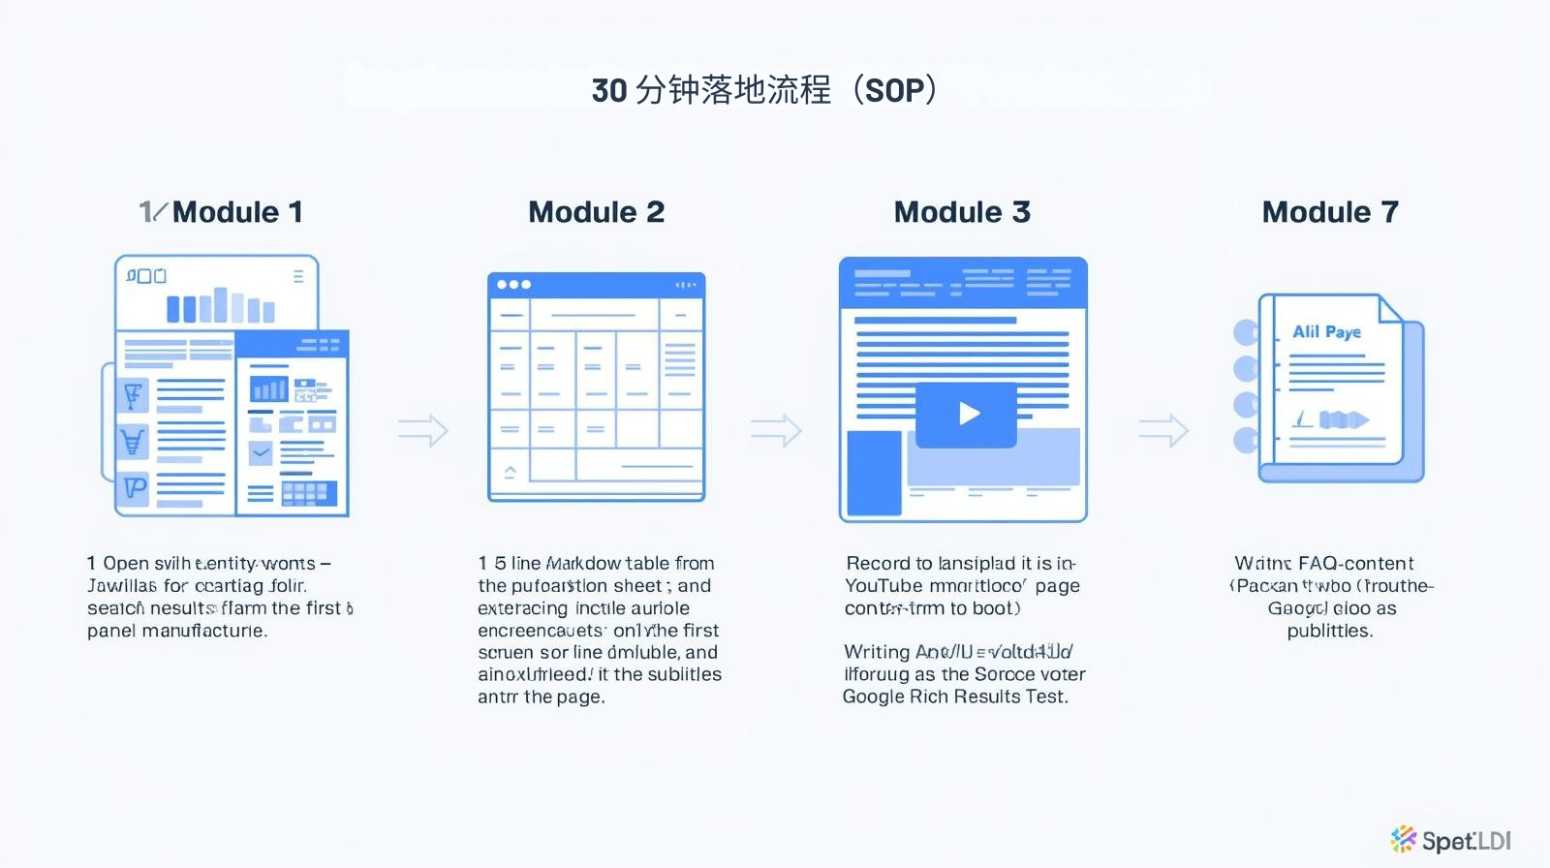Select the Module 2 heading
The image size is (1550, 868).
click(596, 212)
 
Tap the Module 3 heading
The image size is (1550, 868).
click(961, 212)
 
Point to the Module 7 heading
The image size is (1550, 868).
click(1329, 212)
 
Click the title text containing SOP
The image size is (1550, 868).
click(764, 90)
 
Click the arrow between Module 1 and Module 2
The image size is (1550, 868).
click(422, 430)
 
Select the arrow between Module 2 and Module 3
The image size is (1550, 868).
click(776, 430)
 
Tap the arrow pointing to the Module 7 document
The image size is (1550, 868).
click(1162, 430)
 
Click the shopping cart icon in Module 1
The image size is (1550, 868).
click(133, 442)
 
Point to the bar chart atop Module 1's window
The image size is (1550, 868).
click(220, 305)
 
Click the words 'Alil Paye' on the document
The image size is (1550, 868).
click(1326, 331)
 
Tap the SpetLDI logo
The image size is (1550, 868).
click(1450, 839)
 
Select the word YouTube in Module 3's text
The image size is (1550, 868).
click(883, 586)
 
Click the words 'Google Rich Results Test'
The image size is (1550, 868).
click(954, 697)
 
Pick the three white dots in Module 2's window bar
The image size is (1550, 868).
click(513, 285)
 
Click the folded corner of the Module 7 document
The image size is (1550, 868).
click(1389, 308)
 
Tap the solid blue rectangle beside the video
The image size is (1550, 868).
click(874, 473)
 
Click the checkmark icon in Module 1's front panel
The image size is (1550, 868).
click(261, 451)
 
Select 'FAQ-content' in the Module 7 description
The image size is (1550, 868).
click(1355, 564)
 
